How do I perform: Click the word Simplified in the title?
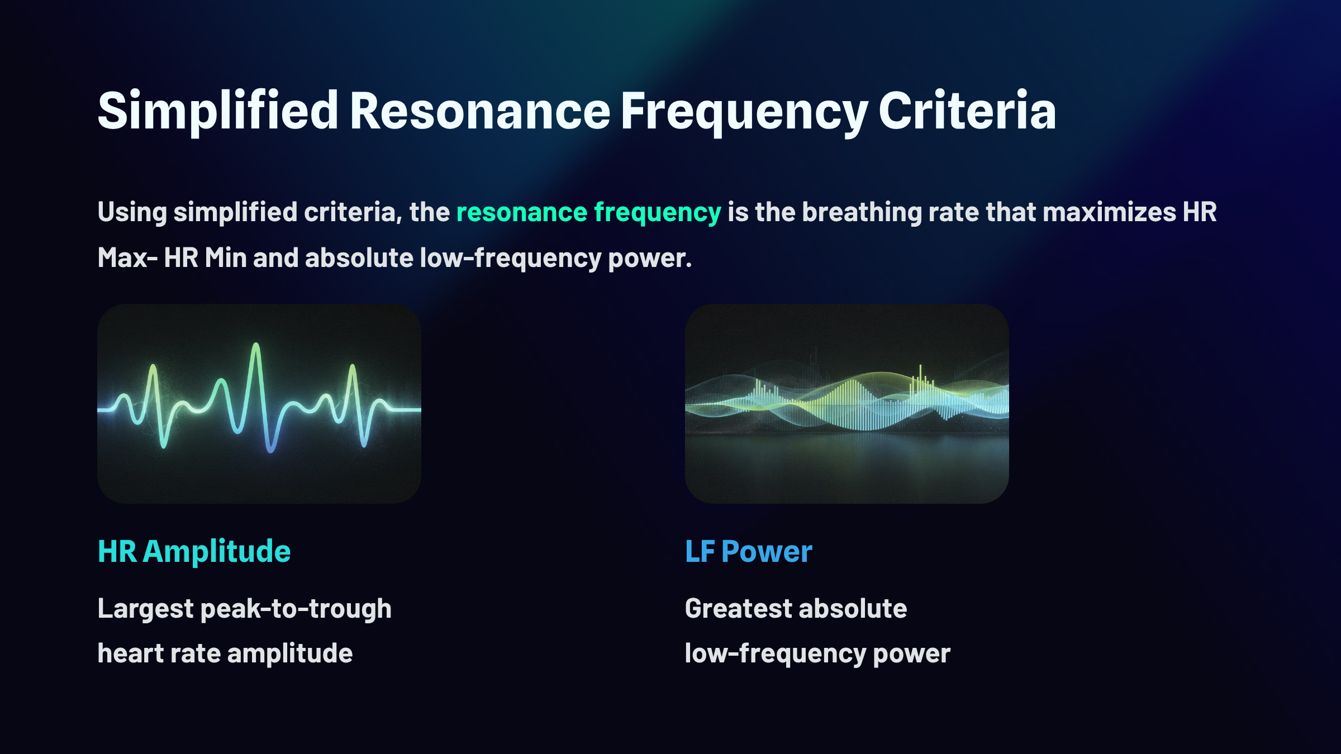(218, 112)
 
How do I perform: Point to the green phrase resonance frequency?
(589, 213)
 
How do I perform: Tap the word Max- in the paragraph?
(127, 257)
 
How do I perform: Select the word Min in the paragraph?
(226, 257)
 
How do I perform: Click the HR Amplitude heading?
(194, 552)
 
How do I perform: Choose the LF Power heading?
(749, 552)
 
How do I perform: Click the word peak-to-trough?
(296, 609)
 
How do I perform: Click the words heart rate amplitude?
(225, 653)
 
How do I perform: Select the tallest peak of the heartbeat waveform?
(256, 345)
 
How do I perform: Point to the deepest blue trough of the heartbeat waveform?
(270, 450)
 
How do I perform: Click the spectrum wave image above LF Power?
(847, 404)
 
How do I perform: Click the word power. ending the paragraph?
(650, 259)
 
